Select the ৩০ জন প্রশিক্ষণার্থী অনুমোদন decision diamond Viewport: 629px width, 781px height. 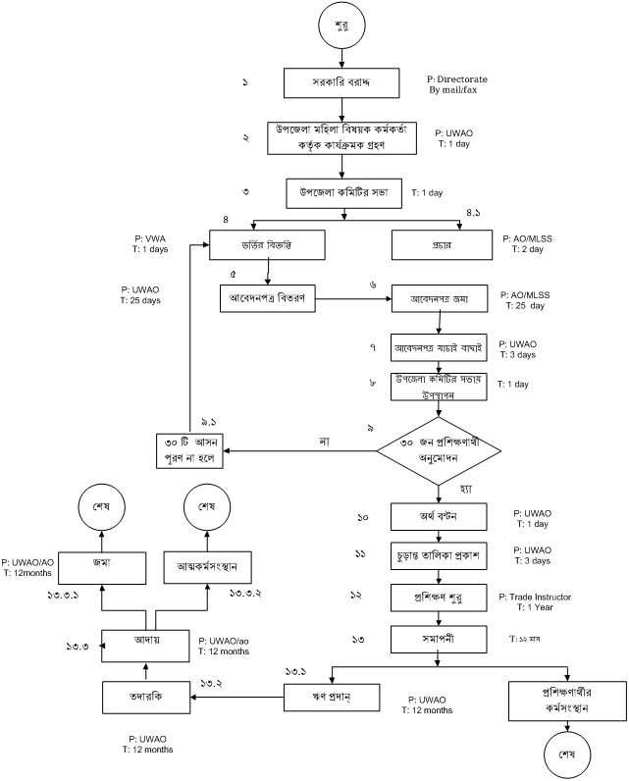439,451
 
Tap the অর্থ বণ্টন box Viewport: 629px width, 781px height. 439,516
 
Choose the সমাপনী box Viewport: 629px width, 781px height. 439,639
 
